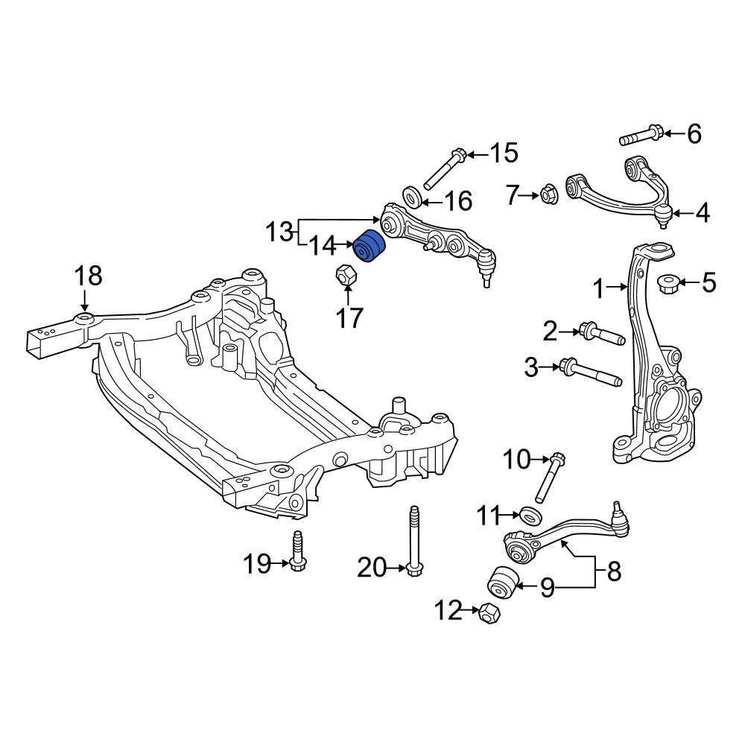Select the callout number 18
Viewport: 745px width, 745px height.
pyautogui.click(x=87, y=276)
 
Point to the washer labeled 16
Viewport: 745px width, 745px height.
pyautogui.click(x=412, y=197)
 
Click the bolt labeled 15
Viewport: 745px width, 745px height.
pyautogui.click(x=446, y=169)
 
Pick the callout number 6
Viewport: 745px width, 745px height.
pyautogui.click(x=694, y=134)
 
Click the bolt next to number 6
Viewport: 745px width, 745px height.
pyautogui.click(x=641, y=136)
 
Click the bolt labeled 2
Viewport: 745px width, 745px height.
pyautogui.click(x=600, y=334)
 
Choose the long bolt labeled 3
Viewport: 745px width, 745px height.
pyautogui.click(x=592, y=370)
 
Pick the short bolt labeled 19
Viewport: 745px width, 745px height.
pyautogui.click(x=298, y=551)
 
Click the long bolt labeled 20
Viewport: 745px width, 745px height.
pyautogui.click(x=413, y=542)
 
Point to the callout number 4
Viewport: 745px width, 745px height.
pyautogui.click(x=702, y=214)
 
